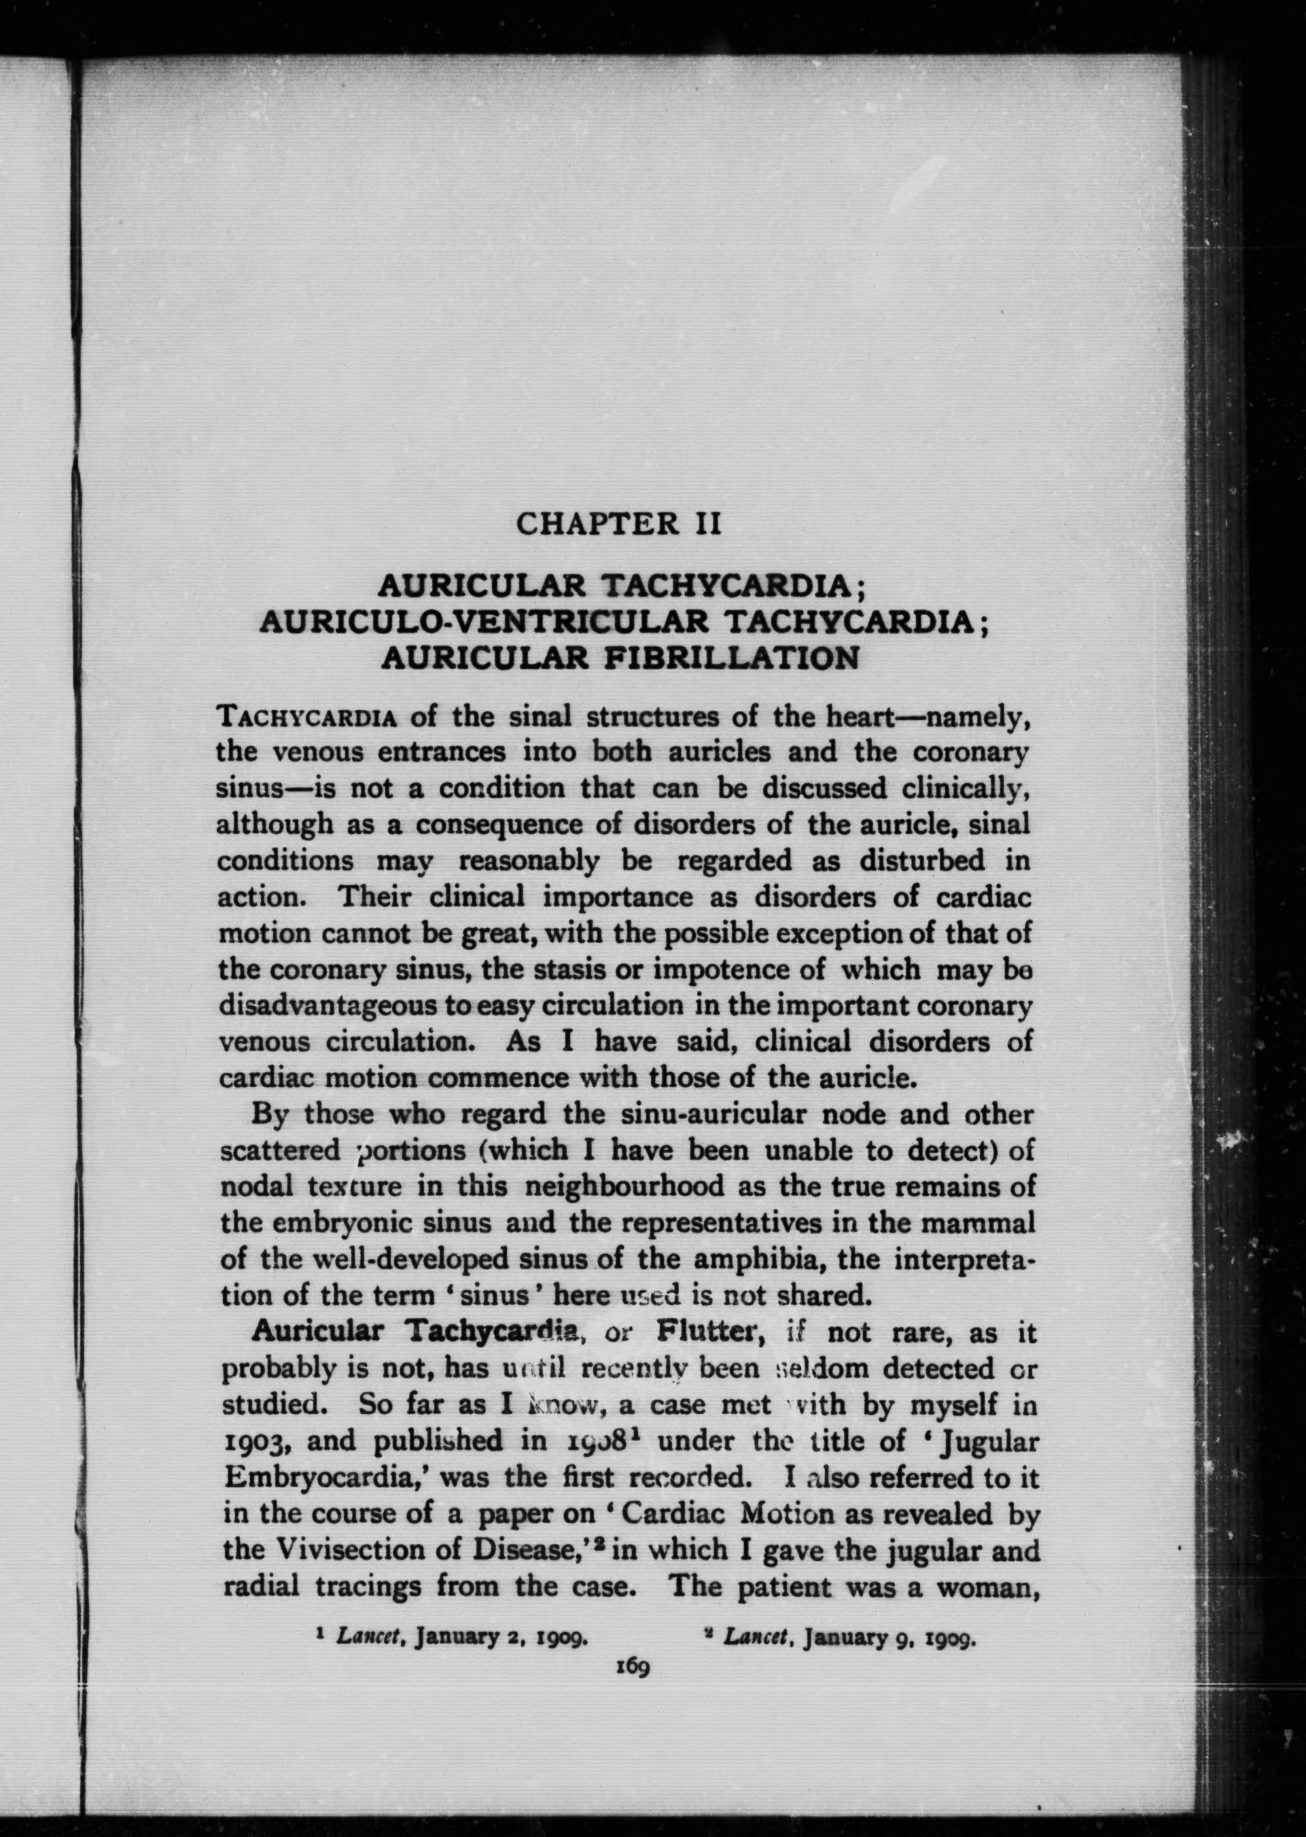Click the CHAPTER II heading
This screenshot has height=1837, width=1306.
(x=618, y=524)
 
